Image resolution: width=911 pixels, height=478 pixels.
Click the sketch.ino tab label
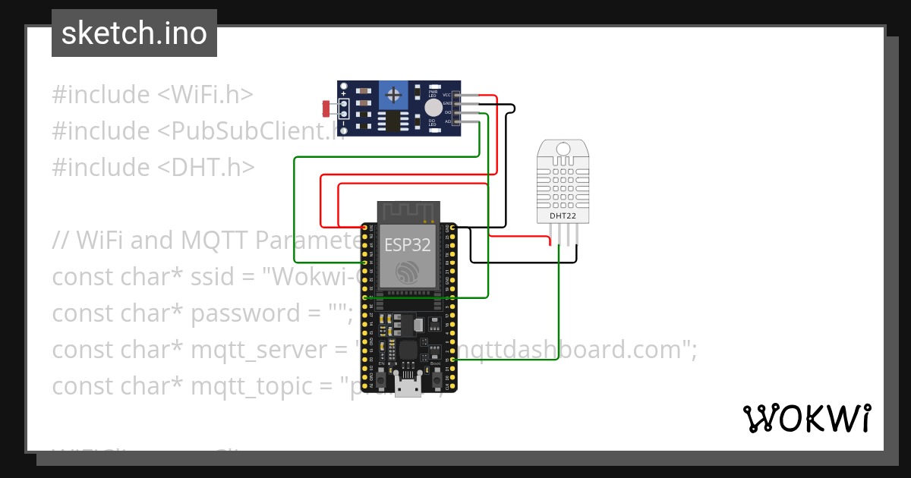click(134, 33)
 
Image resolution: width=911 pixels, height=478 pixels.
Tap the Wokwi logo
click(805, 418)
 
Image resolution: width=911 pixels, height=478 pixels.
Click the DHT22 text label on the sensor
click(563, 216)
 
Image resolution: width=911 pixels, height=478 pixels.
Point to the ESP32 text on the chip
click(407, 245)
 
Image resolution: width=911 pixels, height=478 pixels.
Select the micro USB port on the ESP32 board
click(408, 385)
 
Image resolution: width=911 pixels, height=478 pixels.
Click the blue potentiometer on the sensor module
click(393, 95)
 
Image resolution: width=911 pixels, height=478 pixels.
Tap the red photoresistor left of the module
click(327, 108)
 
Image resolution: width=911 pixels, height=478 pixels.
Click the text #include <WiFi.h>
click(152, 95)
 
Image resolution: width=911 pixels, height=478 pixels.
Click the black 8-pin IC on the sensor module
click(393, 121)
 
